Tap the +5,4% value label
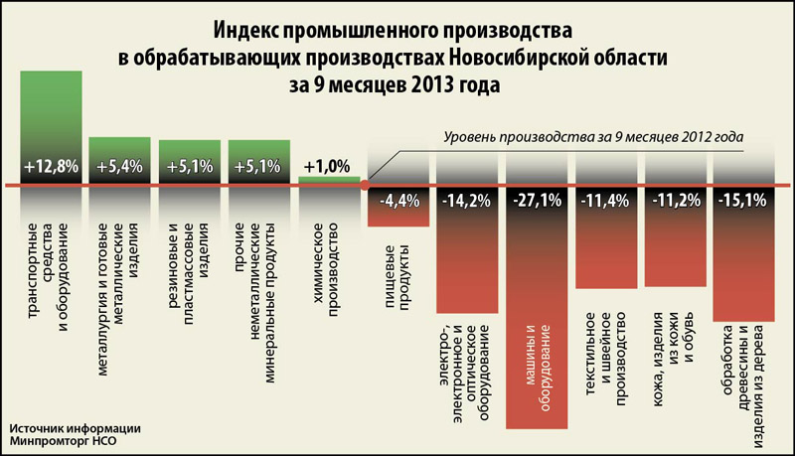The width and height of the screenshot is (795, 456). pos(119,166)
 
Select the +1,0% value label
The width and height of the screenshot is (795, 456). pos(329,166)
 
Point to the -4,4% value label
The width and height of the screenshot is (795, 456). pos(400,199)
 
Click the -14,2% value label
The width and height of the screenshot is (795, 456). pos(470,199)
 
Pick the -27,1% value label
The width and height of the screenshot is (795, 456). pos(540,199)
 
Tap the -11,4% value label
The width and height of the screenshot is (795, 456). pos(609,199)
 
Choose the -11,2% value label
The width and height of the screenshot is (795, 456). pos(679,199)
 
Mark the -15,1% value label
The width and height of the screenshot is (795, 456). pos(747,199)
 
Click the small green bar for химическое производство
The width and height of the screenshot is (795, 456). pos(329,181)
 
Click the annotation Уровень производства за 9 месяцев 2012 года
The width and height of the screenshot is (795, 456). pos(592,136)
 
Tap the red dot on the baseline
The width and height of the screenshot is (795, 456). pos(366,185)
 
